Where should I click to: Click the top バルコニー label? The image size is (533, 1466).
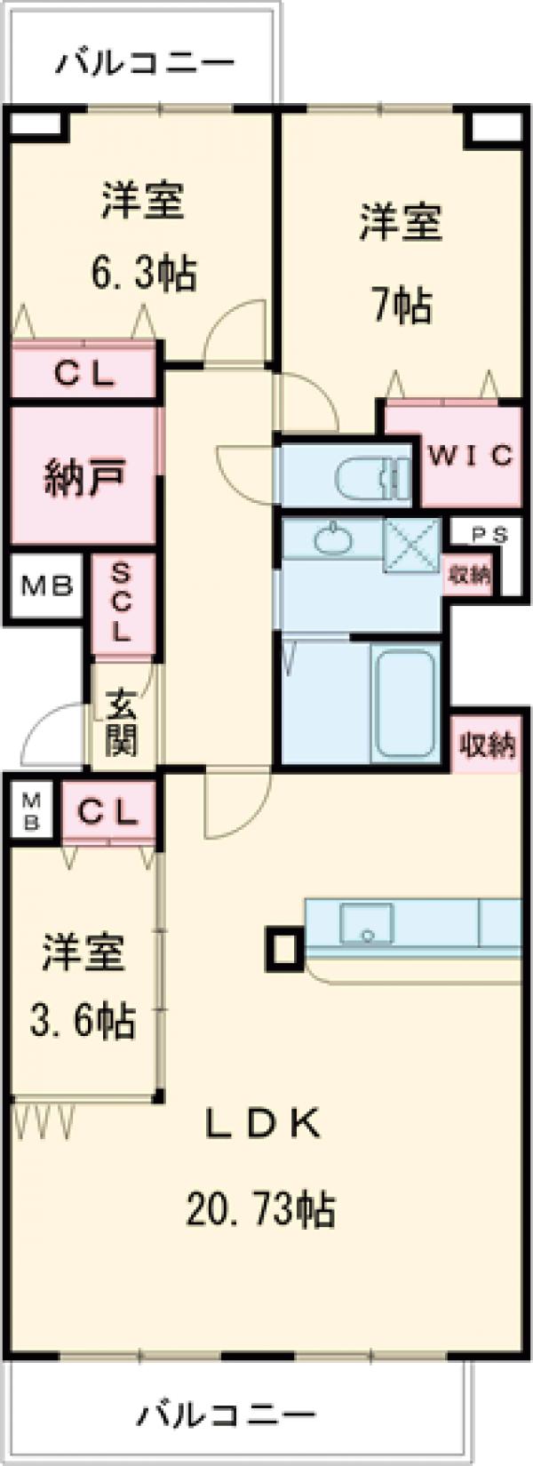tap(147, 63)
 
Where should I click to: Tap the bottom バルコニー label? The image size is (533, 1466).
tap(227, 1413)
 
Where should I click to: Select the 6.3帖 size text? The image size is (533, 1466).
tap(144, 273)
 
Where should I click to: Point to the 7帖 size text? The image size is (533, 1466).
tap(402, 307)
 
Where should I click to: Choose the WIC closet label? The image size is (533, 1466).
tap(471, 456)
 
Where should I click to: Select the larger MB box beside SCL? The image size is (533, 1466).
tap(46, 586)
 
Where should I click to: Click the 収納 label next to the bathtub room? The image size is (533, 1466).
tap(487, 744)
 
